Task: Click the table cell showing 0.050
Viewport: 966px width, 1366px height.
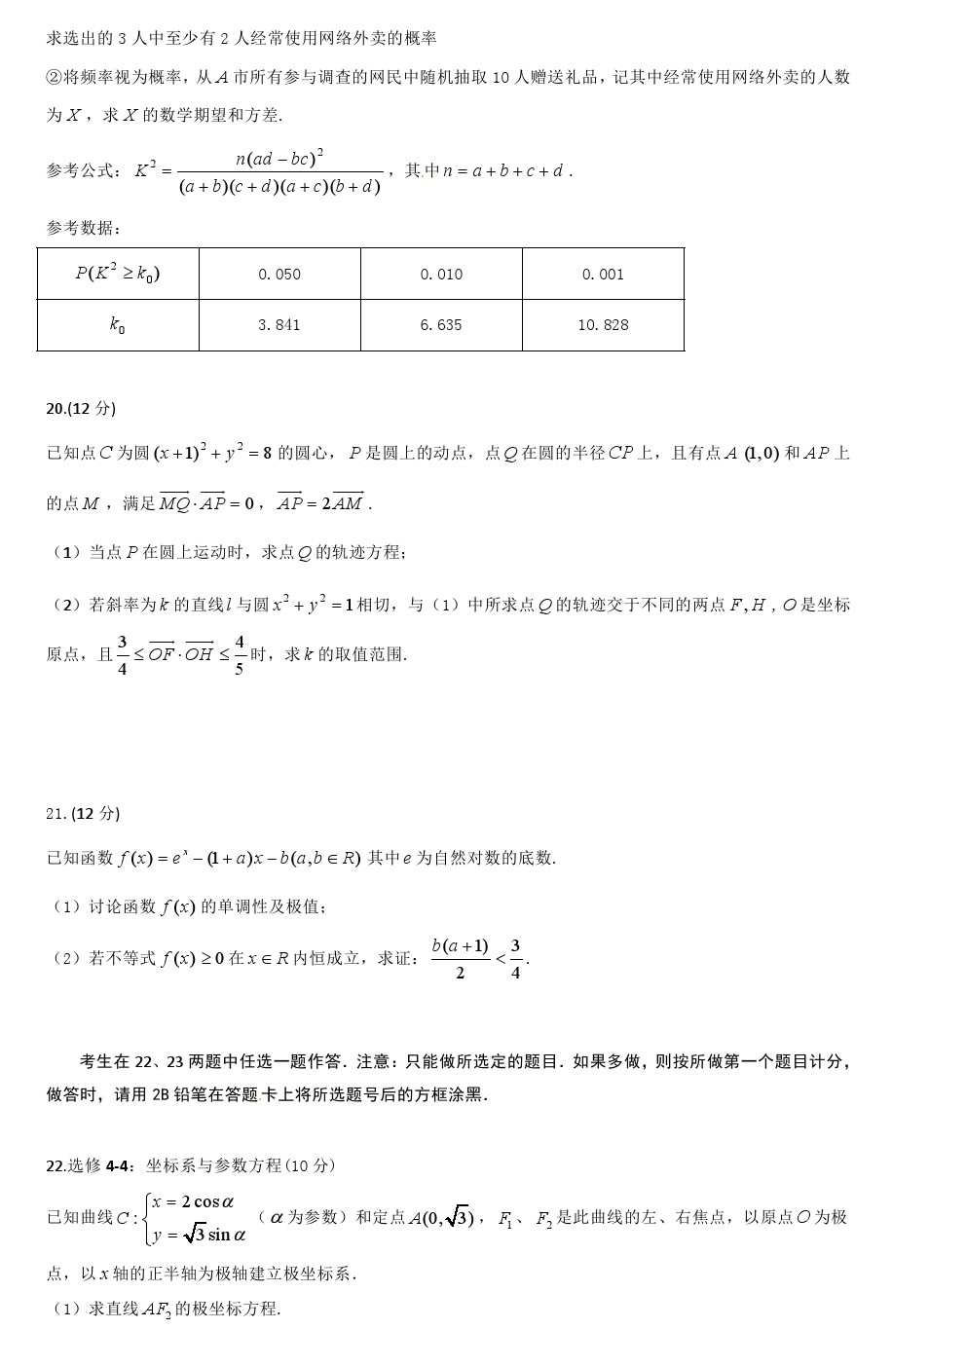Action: click(x=279, y=275)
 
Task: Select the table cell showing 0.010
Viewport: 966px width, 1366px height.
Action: click(x=441, y=275)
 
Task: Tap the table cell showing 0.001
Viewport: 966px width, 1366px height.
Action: click(x=603, y=275)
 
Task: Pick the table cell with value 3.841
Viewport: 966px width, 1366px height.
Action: click(x=279, y=325)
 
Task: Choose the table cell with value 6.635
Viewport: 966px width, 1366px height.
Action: click(x=441, y=325)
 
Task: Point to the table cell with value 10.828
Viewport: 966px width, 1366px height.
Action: click(x=603, y=325)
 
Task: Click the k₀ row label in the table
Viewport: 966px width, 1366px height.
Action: click(x=118, y=325)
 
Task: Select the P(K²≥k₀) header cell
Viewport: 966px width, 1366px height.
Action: click(x=118, y=274)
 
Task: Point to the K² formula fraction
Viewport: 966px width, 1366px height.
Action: click(x=280, y=171)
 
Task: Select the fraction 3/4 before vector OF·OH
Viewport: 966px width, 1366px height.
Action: click(x=123, y=655)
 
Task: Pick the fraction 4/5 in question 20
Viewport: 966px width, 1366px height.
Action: click(x=240, y=655)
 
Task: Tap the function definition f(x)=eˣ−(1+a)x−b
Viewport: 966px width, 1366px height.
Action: click(x=240, y=859)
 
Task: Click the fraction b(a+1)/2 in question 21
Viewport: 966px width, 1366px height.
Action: click(x=460, y=958)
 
